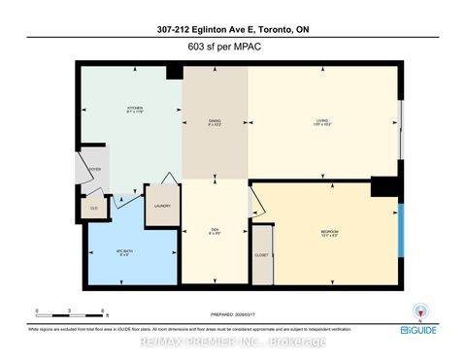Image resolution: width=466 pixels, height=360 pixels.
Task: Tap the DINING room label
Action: (x=215, y=122)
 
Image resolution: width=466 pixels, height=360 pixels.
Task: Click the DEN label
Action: (x=215, y=231)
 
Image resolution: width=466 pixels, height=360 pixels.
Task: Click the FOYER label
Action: (x=95, y=169)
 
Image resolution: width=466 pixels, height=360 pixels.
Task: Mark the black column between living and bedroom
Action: (x=384, y=185)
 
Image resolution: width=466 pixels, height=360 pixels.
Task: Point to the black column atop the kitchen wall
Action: (x=175, y=72)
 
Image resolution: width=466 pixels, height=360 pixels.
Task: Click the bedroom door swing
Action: (x=257, y=202)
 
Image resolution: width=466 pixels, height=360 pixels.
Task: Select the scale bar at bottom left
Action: (x=71, y=313)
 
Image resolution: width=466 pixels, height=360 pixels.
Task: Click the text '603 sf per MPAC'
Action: (x=232, y=43)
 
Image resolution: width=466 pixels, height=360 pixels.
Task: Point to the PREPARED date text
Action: (x=232, y=312)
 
